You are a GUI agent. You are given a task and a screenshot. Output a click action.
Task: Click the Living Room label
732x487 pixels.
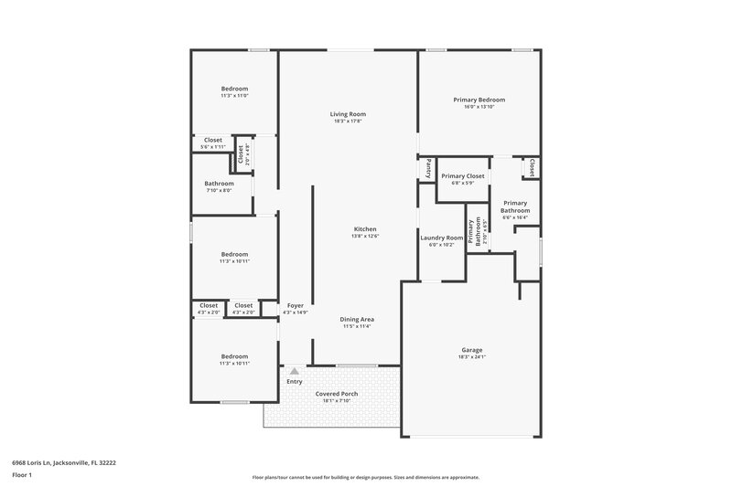point(349,114)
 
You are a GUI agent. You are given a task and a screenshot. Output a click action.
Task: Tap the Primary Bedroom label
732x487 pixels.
point(479,100)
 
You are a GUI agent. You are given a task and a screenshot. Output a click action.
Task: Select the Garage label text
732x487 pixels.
point(471,349)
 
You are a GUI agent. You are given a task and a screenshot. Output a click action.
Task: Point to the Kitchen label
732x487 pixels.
point(365,229)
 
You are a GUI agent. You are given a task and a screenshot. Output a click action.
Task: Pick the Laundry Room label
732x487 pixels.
point(442,238)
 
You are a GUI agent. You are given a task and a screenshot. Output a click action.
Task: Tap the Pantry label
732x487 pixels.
point(427,168)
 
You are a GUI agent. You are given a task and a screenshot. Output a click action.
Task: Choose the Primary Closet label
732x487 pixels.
point(462,175)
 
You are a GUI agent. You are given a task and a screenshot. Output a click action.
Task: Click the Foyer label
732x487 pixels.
point(295,305)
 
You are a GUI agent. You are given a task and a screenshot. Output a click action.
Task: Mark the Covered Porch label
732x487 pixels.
point(337,394)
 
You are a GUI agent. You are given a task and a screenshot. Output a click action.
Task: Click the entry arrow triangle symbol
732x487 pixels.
point(295,371)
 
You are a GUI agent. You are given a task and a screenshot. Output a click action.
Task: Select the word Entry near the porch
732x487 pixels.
point(295,382)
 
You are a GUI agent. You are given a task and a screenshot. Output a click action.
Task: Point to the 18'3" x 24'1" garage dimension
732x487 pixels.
point(471,356)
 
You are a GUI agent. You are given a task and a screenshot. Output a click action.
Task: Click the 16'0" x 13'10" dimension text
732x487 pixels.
point(479,107)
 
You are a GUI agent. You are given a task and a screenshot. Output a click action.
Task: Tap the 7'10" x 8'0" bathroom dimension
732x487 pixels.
point(219,190)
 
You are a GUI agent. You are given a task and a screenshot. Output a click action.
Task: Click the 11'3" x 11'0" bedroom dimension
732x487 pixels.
point(234,95)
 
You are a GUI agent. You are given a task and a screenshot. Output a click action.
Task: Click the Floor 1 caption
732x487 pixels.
point(23,476)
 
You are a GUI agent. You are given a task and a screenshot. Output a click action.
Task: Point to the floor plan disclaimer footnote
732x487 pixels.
point(366,477)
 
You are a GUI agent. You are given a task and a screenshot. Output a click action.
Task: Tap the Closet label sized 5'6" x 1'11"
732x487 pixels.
point(212,140)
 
